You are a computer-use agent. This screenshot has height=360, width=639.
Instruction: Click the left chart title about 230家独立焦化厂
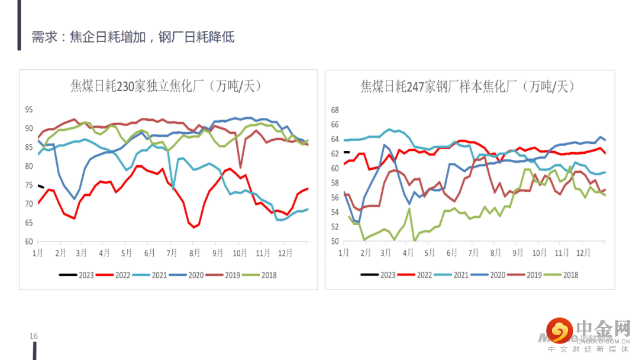pyautogui.click(x=166, y=86)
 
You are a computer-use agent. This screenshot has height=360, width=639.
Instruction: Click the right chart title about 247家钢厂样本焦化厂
pyautogui.click(x=467, y=86)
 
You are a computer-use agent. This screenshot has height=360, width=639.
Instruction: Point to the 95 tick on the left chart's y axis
pyautogui.click(x=29, y=110)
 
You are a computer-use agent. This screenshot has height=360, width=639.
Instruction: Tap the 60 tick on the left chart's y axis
pyautogui.click(x=29, y=242)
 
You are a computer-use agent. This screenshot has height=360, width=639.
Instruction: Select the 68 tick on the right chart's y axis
pyautogui.click(x=334, y=110)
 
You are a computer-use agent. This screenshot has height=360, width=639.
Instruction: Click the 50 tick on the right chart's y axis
pyautogui.click(x=334, y=242)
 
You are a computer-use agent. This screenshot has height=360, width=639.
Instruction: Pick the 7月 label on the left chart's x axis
pyautogui.click(x=173, y=253)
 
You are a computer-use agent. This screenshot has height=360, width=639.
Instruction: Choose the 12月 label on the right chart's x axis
pyautogui.click(x=583, y=253)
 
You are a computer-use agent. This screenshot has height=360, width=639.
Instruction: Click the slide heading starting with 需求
pyautogui.click(x=133, y=37)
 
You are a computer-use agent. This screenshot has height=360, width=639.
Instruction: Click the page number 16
pyautogui.click(x=34, y=336)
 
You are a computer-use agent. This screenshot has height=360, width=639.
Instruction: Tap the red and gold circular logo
pyautogui.click(x=560, y=330)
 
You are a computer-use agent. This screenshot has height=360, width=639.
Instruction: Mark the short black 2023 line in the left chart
pyautogui.click(x=40, y=187)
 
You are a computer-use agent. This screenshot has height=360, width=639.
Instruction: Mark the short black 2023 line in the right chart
pyautogui.click(x=347, y=152)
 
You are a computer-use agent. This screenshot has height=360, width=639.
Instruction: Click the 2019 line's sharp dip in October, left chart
pyautogui.click(x=240, y=167)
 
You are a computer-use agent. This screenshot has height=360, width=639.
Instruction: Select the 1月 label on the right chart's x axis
pyautogui.click(x=344, y=253)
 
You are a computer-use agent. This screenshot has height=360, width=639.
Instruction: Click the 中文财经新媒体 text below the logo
pyautogui.click(x=588, y=349)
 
